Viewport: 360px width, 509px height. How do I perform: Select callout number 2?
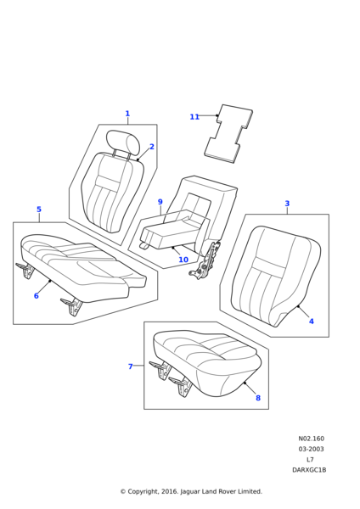pyautogui.click(x=152, y=147)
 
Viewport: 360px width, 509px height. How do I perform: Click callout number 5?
pyautogui.click(x=38, y=210)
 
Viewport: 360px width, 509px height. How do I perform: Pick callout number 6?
pyautogui.click(x=36, y=296)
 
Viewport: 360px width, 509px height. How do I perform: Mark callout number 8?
pyautogui.click(x=258, y=398)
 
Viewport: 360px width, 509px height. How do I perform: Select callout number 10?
pyautogui.click(x=183, y=260)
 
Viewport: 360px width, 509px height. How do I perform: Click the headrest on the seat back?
pyautogui.click(x=123, y=142)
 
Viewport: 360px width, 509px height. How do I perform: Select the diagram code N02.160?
pyautogui.click(x=311, y=439)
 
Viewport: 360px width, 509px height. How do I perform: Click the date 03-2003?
pyautogui.click(x=311, y=449)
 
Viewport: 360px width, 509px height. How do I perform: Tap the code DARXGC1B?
pyautogui.click(x=309, y=469)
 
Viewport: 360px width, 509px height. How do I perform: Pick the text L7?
pyautogui.click(x=310, y=459)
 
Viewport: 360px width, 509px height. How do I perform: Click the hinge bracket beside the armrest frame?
pyautogui.click(x=206, y=261)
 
